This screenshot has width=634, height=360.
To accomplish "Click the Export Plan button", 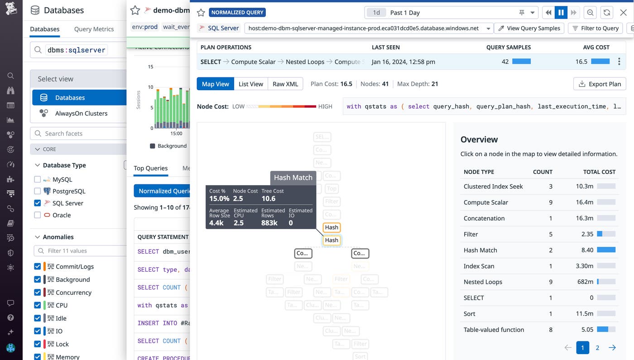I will click(600, 84).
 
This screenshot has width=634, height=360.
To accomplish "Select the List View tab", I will click(250, 84).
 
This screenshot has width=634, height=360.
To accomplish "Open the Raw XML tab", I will click(285, 84).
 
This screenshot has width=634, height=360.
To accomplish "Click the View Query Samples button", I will click(529, 28).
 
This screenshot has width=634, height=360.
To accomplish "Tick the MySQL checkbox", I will click(38, 179).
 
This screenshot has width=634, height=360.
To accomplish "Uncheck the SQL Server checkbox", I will click(38, 203).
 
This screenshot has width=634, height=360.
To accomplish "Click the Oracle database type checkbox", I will click(38, 215).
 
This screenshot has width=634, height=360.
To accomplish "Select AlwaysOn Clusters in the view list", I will click(81, 113).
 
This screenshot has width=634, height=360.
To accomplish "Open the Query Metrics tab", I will click(94, 29).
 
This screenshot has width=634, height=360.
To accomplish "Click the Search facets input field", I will click(82, 134).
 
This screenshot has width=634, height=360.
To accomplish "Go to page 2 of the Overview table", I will click(597, 348).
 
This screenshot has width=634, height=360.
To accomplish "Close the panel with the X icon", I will click(623, 13).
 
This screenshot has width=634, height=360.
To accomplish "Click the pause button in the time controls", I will click(561, 13).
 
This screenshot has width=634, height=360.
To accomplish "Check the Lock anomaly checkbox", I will click(38, 344).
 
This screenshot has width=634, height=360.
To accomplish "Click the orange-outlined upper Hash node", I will click(331, 227).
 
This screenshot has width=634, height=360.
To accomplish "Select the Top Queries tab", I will click(151, 168).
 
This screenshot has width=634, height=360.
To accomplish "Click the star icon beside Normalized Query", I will click(201, 13).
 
